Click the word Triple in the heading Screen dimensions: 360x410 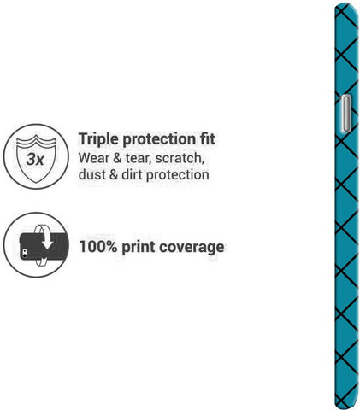98,139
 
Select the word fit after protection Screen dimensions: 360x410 207,138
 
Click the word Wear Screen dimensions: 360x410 93,158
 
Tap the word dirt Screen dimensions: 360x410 132,174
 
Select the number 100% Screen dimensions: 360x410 98,247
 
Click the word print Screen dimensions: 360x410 139,247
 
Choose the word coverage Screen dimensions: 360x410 192,247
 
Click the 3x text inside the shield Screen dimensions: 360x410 35,159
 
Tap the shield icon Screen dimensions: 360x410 36,159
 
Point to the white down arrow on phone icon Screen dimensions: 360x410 47,242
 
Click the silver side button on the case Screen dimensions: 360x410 346,114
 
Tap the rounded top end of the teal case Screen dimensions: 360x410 346,6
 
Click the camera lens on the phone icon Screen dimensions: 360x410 25,252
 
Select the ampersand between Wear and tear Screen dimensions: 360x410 117,158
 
